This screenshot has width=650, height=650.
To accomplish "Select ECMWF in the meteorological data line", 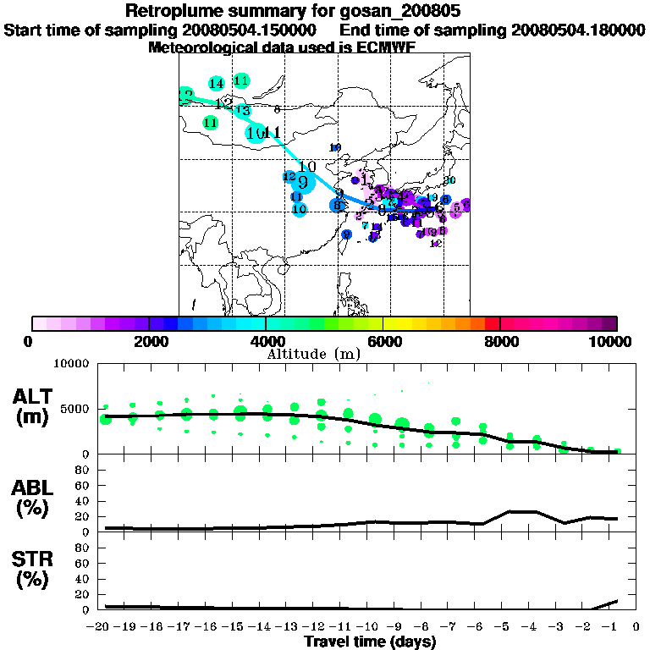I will tap(386, 47).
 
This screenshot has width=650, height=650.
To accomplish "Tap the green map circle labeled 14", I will tap(216, 83).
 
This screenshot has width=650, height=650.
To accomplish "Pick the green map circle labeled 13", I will tap(243, 111).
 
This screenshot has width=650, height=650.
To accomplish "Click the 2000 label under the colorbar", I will tap(148, 341).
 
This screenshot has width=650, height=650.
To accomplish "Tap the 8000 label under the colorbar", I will tap(499, 341).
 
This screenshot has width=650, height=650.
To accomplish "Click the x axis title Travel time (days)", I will tap(370, 642).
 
